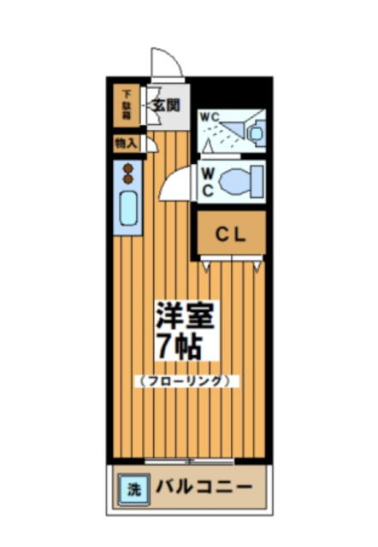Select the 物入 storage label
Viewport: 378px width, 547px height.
[x=126, y=144]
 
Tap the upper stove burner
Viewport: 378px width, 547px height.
[x=129, y=168]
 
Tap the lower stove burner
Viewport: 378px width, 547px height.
[x=129, y=179]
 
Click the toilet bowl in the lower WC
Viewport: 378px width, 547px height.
[x=239, y=182]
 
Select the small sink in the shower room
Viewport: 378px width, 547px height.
[x=254, y=132]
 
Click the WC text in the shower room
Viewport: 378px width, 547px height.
[x=210, y=117]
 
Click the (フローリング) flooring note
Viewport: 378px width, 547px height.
[x=185, y=380]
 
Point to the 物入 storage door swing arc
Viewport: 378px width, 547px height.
[x=151, y=144]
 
